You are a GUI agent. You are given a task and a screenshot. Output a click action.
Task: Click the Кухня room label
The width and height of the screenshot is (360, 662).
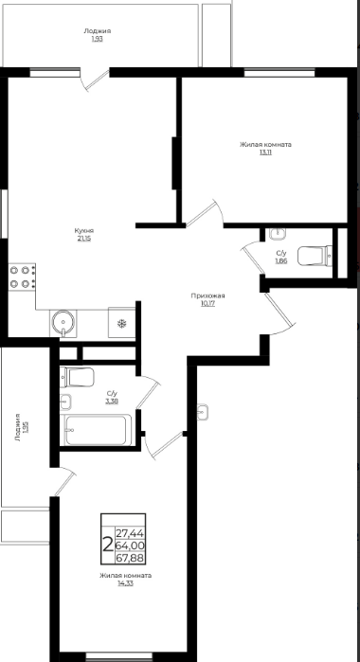(84, 231)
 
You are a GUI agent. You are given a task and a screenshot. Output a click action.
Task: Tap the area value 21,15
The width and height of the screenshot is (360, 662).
(84, 239)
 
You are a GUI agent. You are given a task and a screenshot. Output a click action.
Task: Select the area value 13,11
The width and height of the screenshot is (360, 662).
(266, 152)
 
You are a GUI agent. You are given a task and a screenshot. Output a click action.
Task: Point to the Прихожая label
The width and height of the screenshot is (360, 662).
(207, 295)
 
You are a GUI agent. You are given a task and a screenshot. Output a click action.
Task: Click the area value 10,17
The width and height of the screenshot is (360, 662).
(207, 304)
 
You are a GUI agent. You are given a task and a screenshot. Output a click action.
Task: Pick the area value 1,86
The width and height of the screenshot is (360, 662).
(281, 260)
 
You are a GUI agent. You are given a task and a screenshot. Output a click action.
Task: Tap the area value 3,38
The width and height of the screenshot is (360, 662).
(112, 402)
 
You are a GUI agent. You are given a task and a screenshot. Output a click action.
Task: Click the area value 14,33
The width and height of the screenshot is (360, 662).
(126, 583)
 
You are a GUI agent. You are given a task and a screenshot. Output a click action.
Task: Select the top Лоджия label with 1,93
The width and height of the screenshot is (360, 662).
(98, 31)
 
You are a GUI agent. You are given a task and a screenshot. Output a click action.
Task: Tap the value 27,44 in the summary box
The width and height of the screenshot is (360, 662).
(130, 533)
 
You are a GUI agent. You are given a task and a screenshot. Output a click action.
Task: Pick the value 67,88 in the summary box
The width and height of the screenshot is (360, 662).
(130, 558)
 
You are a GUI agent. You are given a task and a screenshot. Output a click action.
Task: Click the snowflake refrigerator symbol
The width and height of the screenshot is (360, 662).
(122, 324)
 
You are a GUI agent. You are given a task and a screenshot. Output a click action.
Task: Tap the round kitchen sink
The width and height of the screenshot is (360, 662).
(63, 322)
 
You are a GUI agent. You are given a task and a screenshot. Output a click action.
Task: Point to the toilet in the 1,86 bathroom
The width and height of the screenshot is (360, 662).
(315, 256)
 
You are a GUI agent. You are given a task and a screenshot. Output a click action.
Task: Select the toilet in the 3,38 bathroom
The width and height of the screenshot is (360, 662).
(77, 377)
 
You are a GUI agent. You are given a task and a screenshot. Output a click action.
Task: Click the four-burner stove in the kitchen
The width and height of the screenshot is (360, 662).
(22, 277)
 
